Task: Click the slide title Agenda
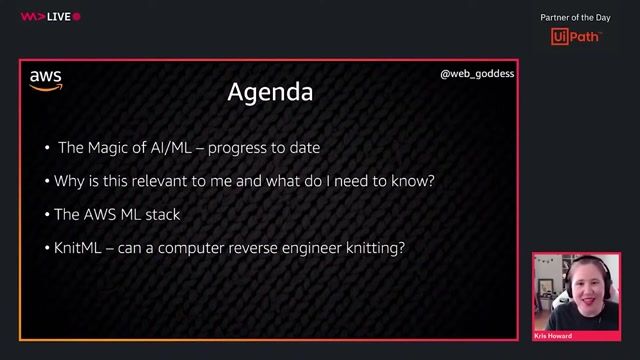pos(270,92)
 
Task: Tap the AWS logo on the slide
pos(45,80)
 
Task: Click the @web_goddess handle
pos(477,74)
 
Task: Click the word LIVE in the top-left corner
pos(58,17)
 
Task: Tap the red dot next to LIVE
pos(77,17)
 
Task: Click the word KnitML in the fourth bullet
pos(77,247)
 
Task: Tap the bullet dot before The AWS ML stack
pos(47,215)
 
